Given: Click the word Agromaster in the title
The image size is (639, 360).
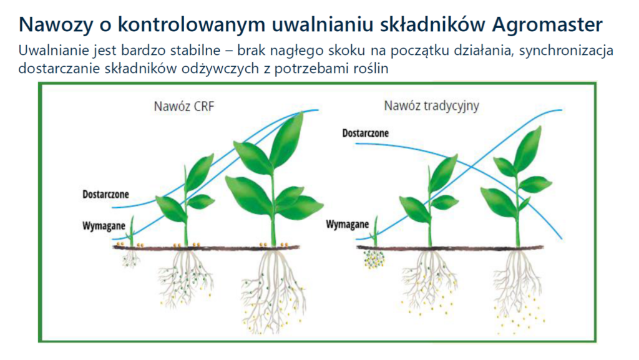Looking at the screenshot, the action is pyautogui.click(x=547, y=24).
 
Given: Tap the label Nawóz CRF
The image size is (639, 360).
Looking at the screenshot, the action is pyautogui.click(x=184, y=106).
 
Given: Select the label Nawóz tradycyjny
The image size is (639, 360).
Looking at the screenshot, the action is pyautogui.click(x=432, y=105).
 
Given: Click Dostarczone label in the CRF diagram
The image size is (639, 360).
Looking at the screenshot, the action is pyautogui.click(x=105, y=194).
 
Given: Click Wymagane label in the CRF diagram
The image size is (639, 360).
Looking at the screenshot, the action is pyautogui.click(x=104, y=226).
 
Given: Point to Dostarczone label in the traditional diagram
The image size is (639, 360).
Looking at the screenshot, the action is pyautogui.click(x=365, y=133).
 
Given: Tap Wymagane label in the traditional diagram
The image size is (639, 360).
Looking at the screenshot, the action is pyautogui.click(x=347, y=225).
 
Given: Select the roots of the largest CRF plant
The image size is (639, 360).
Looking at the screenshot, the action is pyautogui.click(x=273, y=289).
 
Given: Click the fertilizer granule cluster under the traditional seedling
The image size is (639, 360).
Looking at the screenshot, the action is pyautogui.click(x=374, y=259).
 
